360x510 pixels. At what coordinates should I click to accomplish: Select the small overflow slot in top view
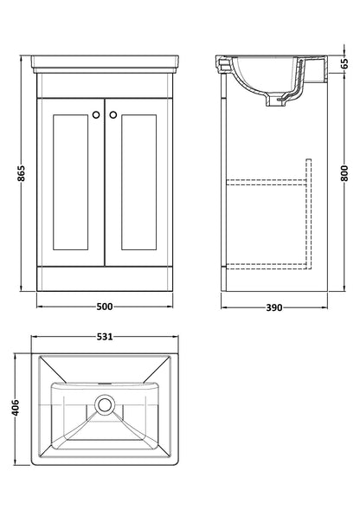pyautogui.click(x=105, y=382)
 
